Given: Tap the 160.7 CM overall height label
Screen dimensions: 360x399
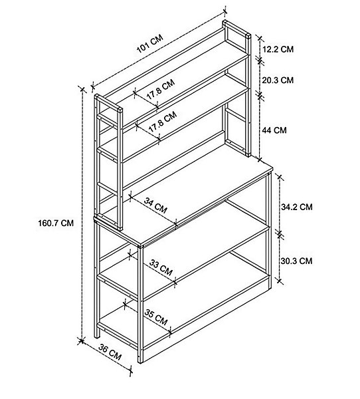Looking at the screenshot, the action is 56,223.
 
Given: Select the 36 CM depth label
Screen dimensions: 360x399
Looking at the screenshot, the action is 110,352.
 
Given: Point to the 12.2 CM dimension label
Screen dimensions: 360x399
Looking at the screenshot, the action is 278,49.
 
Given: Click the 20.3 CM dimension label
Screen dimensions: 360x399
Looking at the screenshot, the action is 278,80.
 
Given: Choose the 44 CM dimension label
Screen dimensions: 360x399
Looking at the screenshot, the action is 274,130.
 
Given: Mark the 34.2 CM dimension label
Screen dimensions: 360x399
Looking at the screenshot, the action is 297,207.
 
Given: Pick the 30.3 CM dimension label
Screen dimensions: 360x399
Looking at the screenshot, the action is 296,261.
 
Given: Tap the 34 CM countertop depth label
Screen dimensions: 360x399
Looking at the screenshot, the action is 155,205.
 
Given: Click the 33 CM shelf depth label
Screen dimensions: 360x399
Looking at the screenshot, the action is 161,267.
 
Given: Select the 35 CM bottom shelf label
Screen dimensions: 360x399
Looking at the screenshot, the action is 156,317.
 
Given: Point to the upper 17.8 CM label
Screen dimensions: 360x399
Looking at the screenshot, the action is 161,89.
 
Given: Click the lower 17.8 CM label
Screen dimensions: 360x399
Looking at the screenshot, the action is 163,122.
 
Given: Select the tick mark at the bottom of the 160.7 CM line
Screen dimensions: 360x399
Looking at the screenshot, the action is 81,340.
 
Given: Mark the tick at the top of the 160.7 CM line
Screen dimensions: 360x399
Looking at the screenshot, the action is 82,89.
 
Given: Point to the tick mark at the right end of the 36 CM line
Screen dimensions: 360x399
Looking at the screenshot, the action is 130,371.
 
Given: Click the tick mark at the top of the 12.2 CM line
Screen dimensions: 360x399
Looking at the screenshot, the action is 260,38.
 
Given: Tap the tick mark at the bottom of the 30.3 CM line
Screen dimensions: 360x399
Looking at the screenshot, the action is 279,281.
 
